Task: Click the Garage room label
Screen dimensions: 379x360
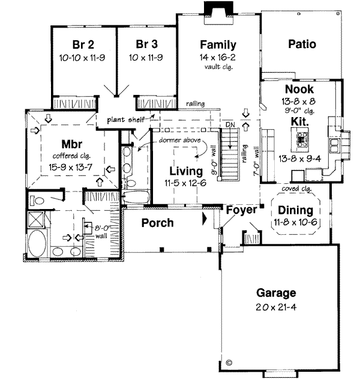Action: (x=276, y=294)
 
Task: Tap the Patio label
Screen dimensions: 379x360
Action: (x=301, y=44)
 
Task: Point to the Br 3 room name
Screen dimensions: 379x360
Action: (x=146, y=44)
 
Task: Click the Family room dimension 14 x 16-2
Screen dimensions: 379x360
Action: (x=218, y=56)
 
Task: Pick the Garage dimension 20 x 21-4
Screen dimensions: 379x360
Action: (x=276, y=307)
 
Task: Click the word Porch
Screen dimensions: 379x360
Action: (x=157, y=223)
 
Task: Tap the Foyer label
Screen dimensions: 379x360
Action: (x=242, y=210)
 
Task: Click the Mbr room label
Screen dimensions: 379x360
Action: (x=71, y=144)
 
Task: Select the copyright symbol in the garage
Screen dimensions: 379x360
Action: (x=229, y=362)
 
